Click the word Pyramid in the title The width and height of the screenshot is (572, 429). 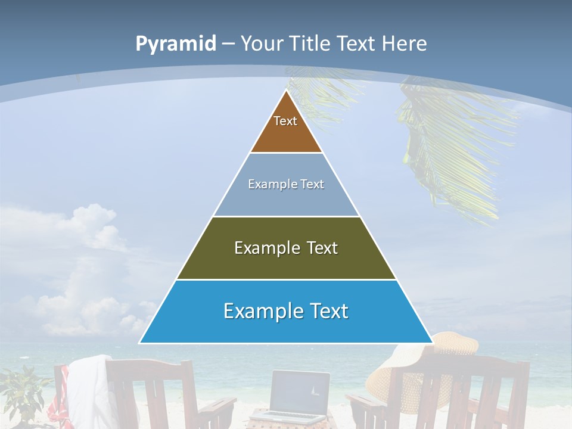click(x=176, y=43)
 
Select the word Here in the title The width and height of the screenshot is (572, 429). click(x=404, y=43)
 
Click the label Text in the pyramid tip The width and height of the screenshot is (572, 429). click(x=285, y=121)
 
